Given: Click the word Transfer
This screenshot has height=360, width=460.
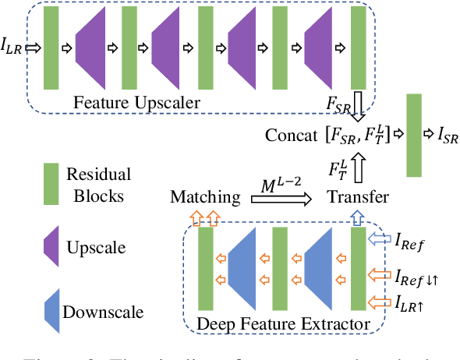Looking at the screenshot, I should point(357,197).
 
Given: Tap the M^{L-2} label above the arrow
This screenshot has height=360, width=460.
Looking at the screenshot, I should point(278,184).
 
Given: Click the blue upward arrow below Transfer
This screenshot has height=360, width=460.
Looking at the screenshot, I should point(357,217).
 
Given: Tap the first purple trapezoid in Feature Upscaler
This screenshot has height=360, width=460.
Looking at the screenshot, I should point(92,48).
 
